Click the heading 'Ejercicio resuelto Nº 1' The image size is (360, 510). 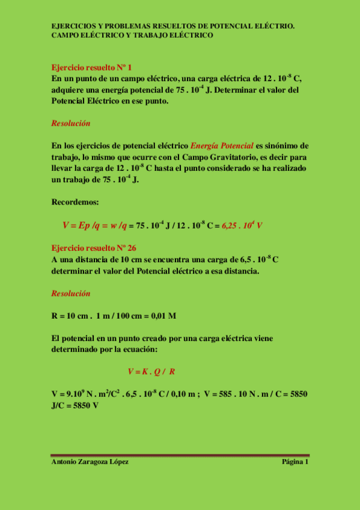[91, 67]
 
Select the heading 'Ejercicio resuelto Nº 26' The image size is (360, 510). [94, 248]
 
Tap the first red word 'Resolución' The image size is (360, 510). [71, 123]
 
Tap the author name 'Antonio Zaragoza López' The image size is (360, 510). [90, 462]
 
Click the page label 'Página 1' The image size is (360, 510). [294, 462]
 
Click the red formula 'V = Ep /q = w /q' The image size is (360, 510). [94, 226]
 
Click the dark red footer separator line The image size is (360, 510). [180, 455]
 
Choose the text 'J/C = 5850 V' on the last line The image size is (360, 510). [76, 405]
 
